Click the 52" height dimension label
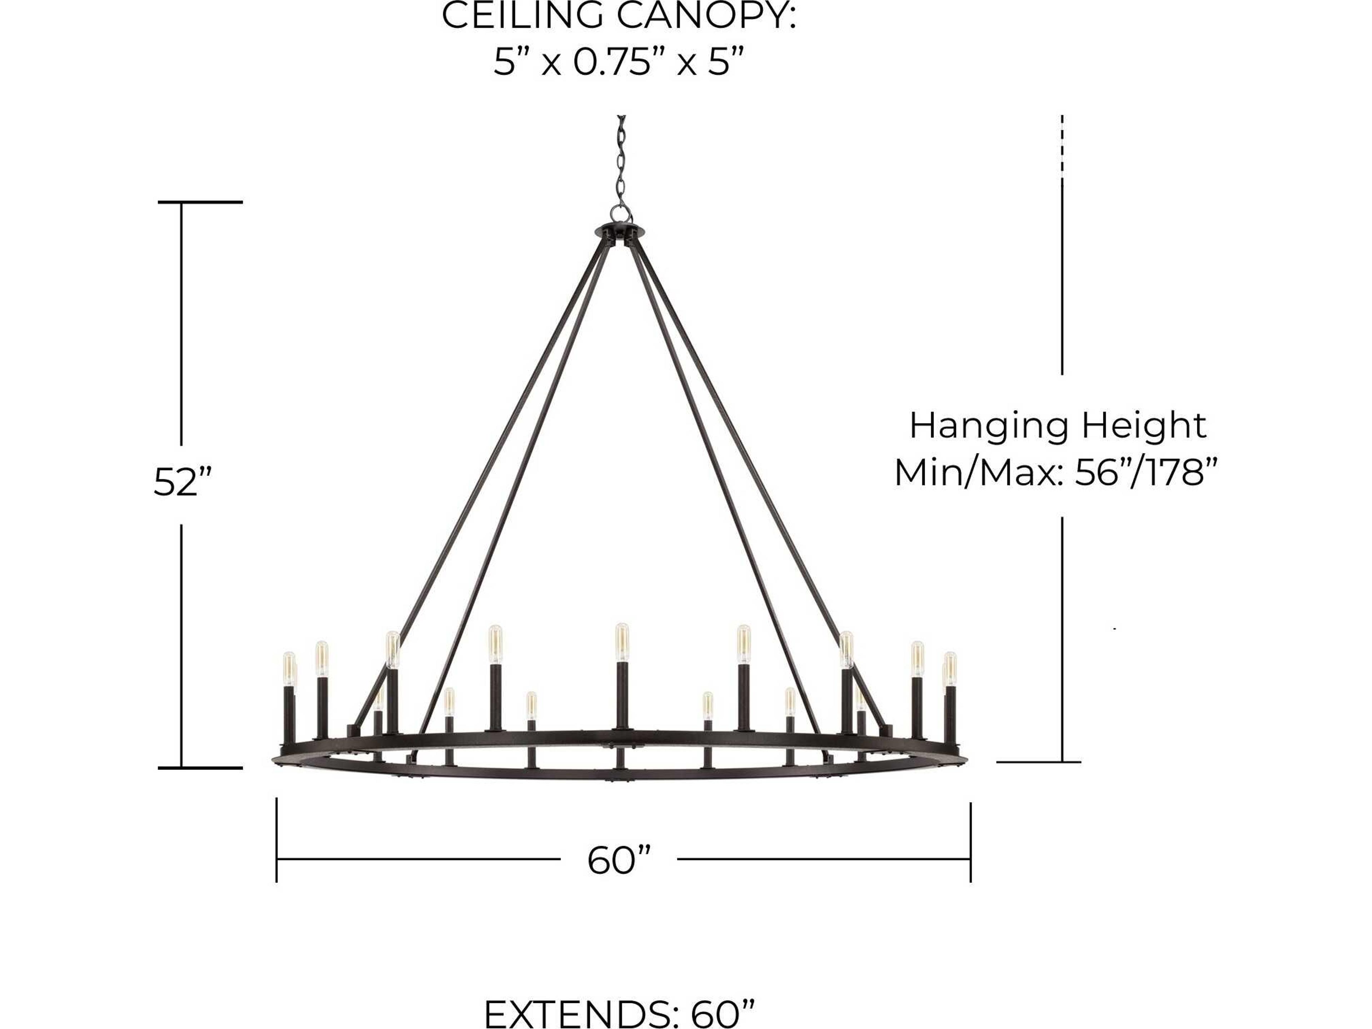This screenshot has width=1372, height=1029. pos(183,483)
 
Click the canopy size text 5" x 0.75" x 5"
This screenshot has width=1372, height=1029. pos(618,63)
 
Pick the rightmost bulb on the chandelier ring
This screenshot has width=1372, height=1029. pos(950,667)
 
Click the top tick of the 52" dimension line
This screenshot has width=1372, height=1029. pos(200,202)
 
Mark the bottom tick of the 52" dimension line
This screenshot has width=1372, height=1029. pos(200,768)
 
